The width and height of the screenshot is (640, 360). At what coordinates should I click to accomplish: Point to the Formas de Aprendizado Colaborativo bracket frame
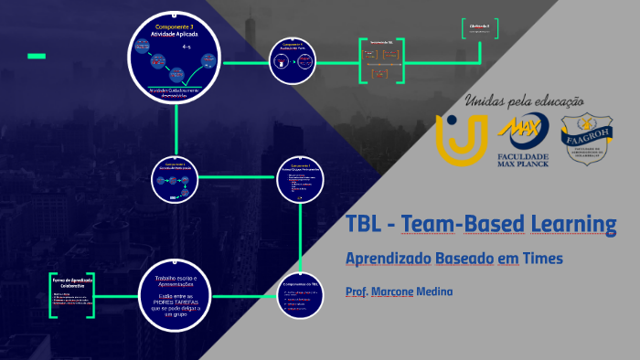72,294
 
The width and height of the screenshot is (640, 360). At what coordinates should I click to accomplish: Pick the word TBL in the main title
366,224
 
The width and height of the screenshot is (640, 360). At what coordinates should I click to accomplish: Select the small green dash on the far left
37,57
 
